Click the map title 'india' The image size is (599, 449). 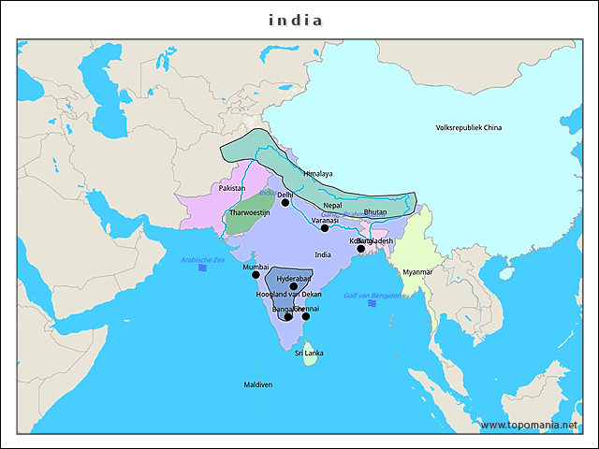[x=296, y=20]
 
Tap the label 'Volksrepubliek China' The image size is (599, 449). [x=469, y=127]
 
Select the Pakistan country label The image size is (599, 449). [x=232, y=188]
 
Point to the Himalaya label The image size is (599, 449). [x=318, y=174]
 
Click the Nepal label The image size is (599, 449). [x=332, y=205]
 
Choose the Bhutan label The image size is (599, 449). [x=374, y=212]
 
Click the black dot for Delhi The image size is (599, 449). [x=285, y=203]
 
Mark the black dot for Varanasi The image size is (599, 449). [x=325, y=228]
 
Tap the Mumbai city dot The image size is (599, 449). [x=256, y=275]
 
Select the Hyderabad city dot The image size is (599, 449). [x=293, y=286]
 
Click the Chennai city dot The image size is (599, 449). [x=306, y=316]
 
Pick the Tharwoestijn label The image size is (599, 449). [x=249, y=213]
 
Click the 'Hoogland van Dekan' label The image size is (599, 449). [x=288, y=294]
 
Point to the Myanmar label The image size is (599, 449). [x=417, y=272]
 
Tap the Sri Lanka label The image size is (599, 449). [x=309, y=353]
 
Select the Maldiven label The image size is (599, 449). [x=258, y=384]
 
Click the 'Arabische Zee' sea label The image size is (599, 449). [x=203, y=259]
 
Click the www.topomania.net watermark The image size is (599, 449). [x=536, y=425]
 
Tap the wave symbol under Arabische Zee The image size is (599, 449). [x=202, y=268]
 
